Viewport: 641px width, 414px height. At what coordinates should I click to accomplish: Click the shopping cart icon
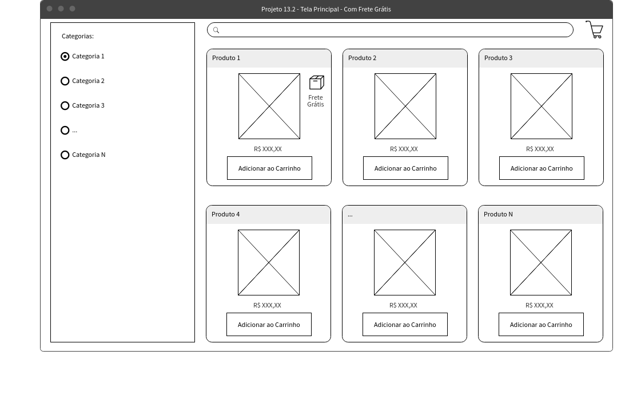click(x=594, y=29)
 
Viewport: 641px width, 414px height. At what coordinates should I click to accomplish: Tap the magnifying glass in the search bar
click(x=216, y=30)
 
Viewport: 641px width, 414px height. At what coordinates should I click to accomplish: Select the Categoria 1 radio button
click(x=65, y=57)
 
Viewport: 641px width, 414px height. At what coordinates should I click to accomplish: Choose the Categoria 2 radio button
click(x=65, y=81)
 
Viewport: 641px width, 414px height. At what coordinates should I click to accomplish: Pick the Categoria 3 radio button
click(x=65, y=106)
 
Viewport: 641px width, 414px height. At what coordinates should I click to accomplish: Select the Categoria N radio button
click(x=65, y=155)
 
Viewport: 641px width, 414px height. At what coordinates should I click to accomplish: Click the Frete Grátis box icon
click(x=316, y=82)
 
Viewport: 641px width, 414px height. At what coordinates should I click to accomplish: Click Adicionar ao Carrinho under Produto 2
click(x=405, y=168)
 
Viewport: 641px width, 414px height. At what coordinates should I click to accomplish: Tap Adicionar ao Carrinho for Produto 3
click(x=542, y=168)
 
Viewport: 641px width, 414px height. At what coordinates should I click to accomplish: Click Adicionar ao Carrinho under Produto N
click(x=541, y=324)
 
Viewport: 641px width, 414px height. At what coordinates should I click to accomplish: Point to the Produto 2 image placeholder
click(x=405, y=106)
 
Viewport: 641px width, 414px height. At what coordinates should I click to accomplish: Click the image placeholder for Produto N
click(x=541, y=262)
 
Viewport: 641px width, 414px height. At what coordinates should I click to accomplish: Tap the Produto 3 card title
click(x=498, y=58)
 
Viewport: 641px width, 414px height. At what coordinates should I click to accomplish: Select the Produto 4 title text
click(x=226, y=215)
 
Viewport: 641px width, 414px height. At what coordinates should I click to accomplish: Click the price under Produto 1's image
click(x=268, y=149)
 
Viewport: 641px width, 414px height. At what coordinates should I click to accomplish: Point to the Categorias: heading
click(x=78, y=37)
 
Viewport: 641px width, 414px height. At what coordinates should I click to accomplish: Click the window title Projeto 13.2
click(x=326, y=9)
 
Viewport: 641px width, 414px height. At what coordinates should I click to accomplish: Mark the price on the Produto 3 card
click(x=540, y=149)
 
